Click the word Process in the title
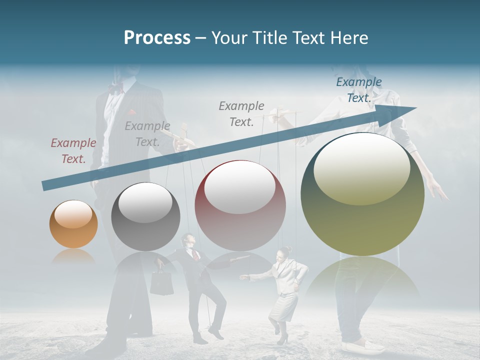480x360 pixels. click(157, 38)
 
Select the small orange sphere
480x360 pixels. click(73, 224)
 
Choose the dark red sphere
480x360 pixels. click(240, 205)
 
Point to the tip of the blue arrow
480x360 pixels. click(415, 108)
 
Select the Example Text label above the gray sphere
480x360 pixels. click(147, 134)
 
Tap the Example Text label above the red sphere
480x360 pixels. click(241, 113)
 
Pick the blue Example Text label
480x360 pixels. click(359, 90)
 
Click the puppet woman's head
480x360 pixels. click(284, 251)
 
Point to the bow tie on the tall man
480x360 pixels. click(115, 89)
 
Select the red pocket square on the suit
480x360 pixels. click(131, 112)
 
